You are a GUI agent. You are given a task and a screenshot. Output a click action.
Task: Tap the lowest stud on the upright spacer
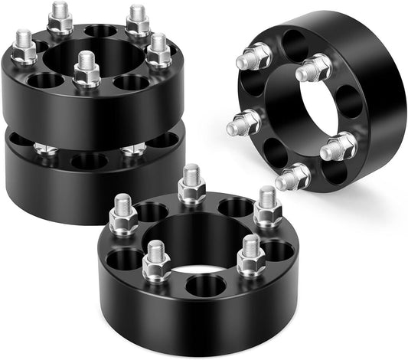click(294, 178)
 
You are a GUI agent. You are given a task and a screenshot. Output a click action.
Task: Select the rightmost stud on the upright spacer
click(338, 146)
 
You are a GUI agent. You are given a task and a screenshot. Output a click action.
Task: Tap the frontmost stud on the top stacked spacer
click(86, 70)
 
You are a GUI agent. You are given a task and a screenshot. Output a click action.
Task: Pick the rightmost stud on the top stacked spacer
click(159, 50)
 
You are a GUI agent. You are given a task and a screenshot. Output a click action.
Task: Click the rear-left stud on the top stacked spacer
click(60, 19)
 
